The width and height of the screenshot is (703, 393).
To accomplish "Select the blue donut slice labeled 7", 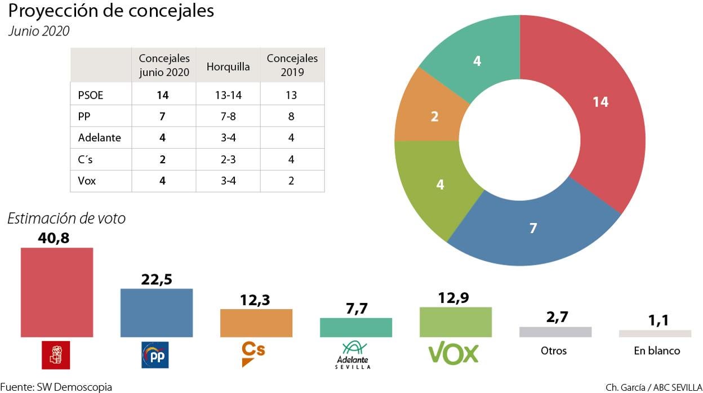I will [x=533, y=227].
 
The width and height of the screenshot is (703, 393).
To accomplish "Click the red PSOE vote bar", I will [x=57, y=292].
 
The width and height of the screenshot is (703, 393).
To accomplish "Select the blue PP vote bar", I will [x=157, y=312].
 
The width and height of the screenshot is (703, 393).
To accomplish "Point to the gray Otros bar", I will [x=555, y=332].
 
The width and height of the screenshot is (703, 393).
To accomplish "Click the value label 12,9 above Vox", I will [x=455, y=298].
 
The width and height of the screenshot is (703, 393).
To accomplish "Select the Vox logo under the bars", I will [x=453, y=354].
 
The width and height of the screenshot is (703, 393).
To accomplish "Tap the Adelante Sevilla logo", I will [x=353, y=355].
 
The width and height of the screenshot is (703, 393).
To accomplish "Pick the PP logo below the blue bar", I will [x=154, y=355].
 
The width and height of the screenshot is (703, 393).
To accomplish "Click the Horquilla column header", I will [x=228, y=66].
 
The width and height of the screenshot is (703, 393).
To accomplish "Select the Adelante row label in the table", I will [x=100, y=137].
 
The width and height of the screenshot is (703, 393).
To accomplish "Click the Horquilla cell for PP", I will [x=228, y=116].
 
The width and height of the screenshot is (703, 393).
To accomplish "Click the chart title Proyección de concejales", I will [x=111, y=11].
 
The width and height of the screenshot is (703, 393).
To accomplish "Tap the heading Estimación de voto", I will [x=66, y=218].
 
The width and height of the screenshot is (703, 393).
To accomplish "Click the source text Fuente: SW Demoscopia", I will [x=56, y=387].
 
